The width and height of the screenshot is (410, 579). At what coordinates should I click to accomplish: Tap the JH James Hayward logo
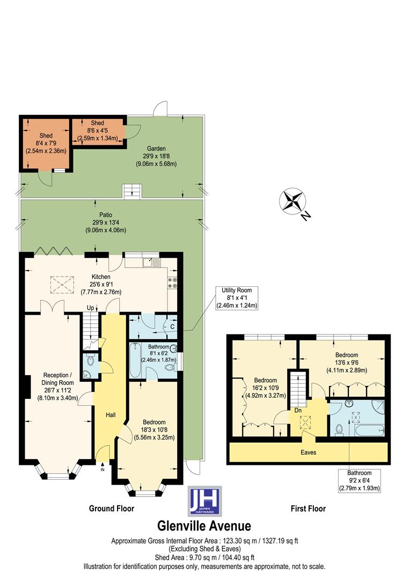tap(204, 501)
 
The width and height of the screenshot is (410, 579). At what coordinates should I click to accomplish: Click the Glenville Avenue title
tap(204, 526)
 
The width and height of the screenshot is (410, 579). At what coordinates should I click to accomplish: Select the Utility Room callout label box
tap(237, 298)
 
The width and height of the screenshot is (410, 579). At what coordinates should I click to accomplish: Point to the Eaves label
tap(308, 452)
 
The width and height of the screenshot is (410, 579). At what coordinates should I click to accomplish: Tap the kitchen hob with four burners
tap(173, 283)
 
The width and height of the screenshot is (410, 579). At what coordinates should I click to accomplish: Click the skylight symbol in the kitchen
tap(60, 284)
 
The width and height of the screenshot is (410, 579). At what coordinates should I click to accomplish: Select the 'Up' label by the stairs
tap(92, 308)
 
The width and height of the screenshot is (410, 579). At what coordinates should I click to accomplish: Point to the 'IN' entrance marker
tap(102, 470)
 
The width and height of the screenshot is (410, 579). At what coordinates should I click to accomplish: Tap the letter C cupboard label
tap(172, 326)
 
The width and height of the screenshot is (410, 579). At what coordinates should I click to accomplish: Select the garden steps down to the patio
tap(132, 191)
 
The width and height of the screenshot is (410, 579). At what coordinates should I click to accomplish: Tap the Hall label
tap(110, 400)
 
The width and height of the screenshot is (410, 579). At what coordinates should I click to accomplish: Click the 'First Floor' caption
tap(307, 508)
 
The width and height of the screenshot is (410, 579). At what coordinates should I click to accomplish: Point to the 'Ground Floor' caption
tap(111, 508)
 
